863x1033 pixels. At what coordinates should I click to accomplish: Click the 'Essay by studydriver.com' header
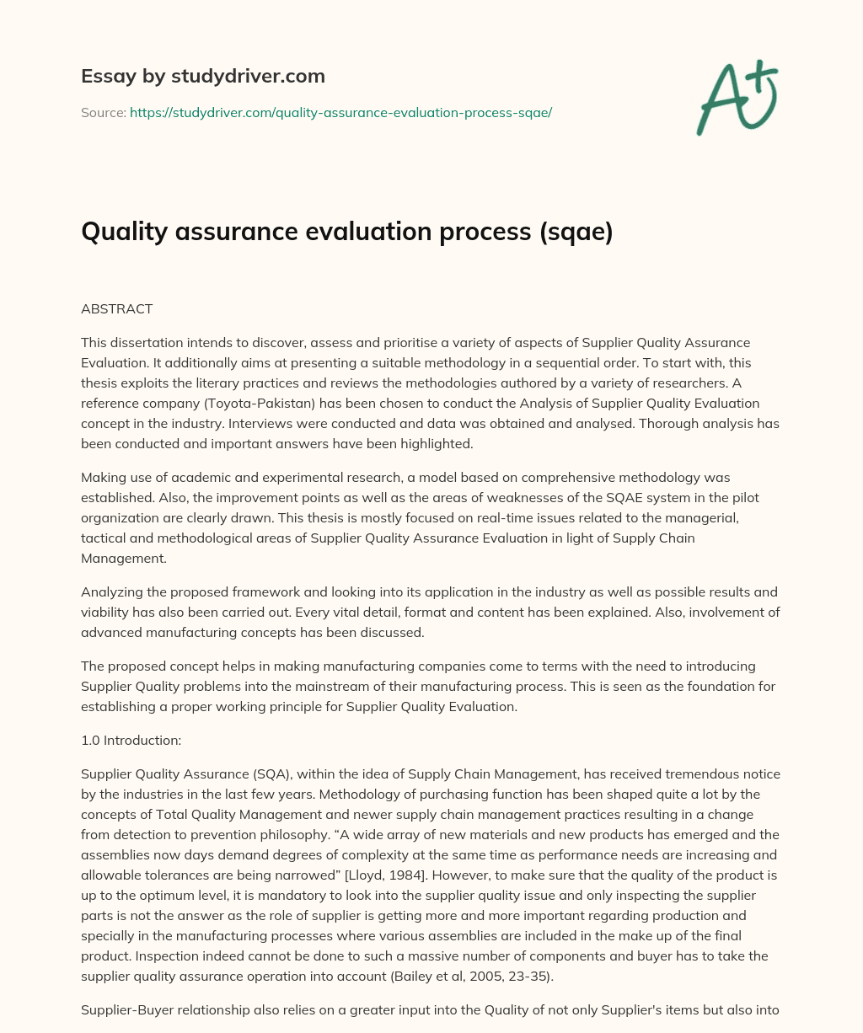(x=202, y=77)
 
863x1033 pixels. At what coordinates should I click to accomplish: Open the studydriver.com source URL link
(x=340, y=112)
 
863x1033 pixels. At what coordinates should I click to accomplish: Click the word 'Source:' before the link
(x=103, y=112)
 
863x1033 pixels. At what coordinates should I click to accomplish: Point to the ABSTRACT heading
(x=116, y=309)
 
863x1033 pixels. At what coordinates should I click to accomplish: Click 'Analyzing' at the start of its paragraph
(x=111, y=592)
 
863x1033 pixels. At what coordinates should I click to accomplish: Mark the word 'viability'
(x=105, y=613)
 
